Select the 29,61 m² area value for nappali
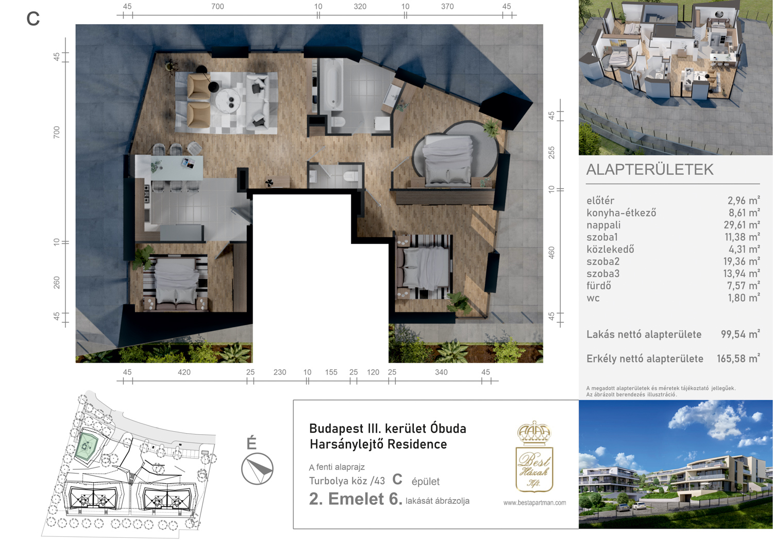(x=742, y=225)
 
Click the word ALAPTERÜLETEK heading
(x=650, y=170)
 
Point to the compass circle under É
(x=257, y=468)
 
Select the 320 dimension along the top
(x=360, y=7)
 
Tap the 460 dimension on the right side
(x=551, y=253)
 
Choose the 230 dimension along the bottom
(x=279, y=372)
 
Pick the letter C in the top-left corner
(x=33, y=19)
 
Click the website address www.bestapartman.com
(x=534, y=503)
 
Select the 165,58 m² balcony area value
(x=738, y=358)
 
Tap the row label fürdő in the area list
(x=599, y=285)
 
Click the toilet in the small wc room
(x=351, y=175)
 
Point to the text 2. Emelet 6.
(x=356, y=499)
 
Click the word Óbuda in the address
(x=448, y=429)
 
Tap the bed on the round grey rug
(x=448, y=160)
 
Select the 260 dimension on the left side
(x=56, y=283)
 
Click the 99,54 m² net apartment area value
(x=740, y=334)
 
